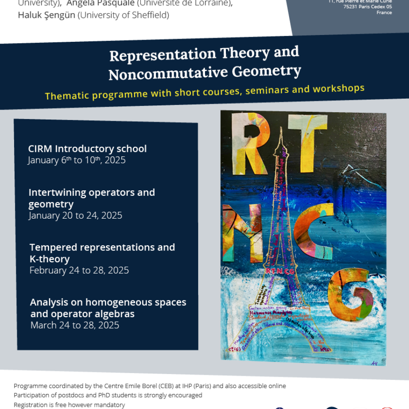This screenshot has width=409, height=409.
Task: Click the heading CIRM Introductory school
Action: pos(87,149)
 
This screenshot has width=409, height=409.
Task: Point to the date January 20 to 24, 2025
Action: pos(75,215)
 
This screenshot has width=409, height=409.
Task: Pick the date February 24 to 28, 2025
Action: pos(79,270)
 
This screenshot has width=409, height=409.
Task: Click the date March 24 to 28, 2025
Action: pos(75,325)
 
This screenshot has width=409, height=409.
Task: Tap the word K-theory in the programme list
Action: pos(50,259)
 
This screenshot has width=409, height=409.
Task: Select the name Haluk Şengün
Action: pos(45,15)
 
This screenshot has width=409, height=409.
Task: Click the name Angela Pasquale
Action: pos(100,4)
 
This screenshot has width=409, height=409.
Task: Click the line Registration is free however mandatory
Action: pos(69,404)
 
